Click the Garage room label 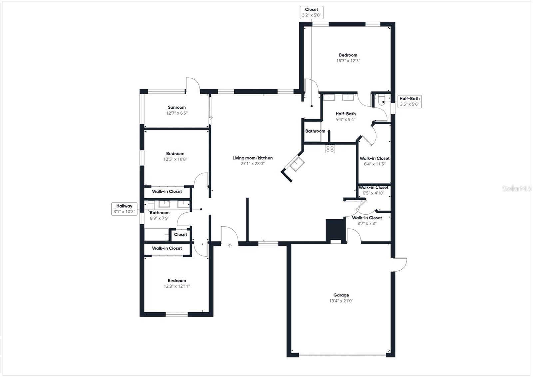coord(341,295)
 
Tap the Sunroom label coord(177,107)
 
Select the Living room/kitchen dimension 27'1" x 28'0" coord(253,164)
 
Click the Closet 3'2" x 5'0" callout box coord(311,12)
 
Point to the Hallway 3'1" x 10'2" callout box coord(124,209)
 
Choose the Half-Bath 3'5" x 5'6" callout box coord(409,101)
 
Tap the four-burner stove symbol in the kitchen coord(330,149)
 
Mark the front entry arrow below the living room coord(230,246)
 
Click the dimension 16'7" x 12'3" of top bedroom coord(348,61)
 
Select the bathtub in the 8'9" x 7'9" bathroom coord(157,234)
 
